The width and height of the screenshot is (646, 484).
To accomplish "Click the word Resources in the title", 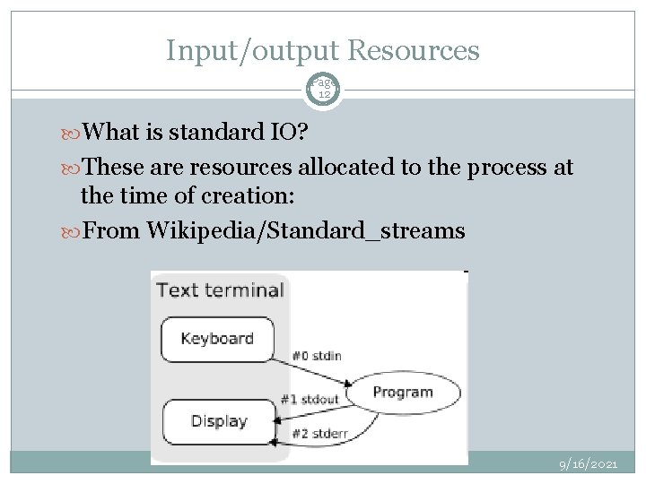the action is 414,50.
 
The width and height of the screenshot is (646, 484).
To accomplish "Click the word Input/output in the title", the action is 252,50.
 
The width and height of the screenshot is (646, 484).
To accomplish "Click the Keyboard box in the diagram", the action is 216,339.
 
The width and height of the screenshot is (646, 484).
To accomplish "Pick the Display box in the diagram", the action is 218,420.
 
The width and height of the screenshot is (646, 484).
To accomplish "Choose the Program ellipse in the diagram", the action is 403,393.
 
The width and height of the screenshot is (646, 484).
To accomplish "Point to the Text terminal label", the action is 220,290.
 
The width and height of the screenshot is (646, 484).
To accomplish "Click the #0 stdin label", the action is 316,356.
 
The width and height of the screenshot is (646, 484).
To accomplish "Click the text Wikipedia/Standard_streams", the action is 305,231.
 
